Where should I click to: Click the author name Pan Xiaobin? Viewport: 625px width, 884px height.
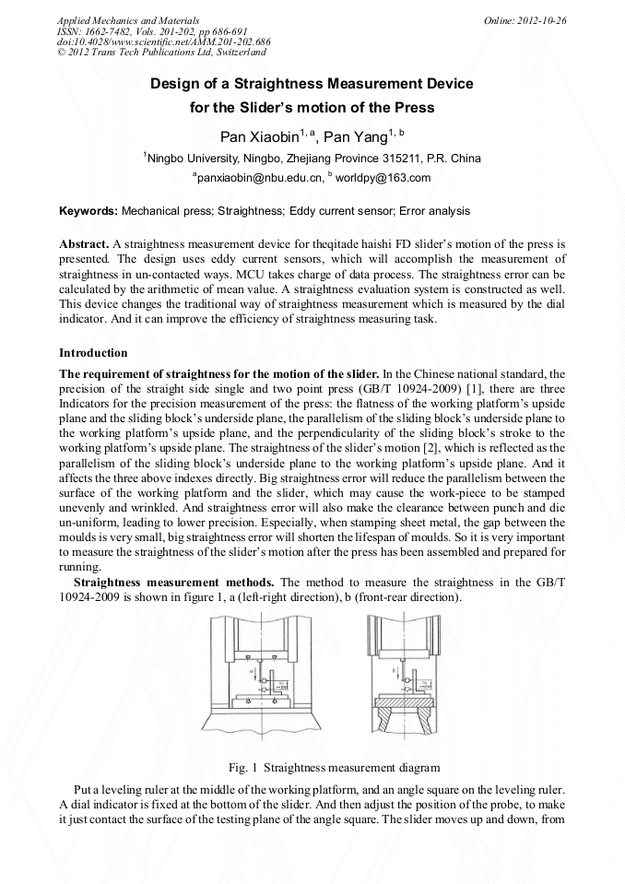pos(263,136)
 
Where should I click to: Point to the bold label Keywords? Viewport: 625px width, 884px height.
pos(88,211)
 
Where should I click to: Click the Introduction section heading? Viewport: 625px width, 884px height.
pos(93,353)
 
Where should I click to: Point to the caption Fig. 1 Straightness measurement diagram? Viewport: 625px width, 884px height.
pos(321,767)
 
